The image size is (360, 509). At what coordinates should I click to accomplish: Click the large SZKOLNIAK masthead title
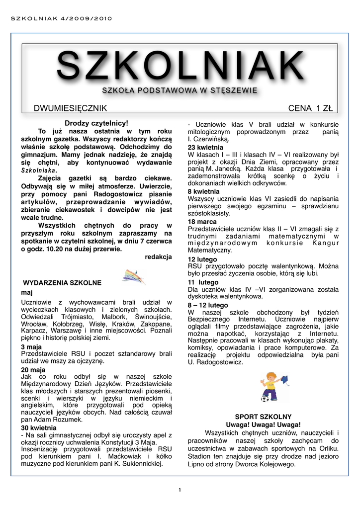(180, 66)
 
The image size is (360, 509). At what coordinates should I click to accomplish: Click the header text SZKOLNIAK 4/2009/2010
(62, 19)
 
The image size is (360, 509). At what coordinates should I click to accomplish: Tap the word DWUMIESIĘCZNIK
(70, 108)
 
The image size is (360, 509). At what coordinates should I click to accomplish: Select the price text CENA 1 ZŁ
(310, 108)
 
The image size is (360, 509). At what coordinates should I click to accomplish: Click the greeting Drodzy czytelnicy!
(96, 123)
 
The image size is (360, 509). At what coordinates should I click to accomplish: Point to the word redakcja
(158, 256)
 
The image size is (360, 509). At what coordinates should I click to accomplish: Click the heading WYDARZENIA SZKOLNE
(62, 282)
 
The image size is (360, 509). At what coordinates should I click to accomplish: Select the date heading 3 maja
(31, 346)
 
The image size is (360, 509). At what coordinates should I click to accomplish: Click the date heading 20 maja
(33, 370)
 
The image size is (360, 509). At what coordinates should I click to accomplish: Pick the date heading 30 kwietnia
(39, 427)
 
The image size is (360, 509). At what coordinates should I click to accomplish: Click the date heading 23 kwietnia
(205, 148)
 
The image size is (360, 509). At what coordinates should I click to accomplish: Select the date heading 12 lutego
(202, 259)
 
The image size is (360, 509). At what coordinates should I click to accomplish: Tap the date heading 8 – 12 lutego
(208, 305)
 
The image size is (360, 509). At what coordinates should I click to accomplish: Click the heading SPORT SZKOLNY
(263, 416)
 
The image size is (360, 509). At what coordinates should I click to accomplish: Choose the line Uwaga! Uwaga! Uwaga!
(263, 424)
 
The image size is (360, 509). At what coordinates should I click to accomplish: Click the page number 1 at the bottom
(180, 491)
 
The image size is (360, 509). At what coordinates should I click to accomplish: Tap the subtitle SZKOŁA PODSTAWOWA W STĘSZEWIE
(180, 90)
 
